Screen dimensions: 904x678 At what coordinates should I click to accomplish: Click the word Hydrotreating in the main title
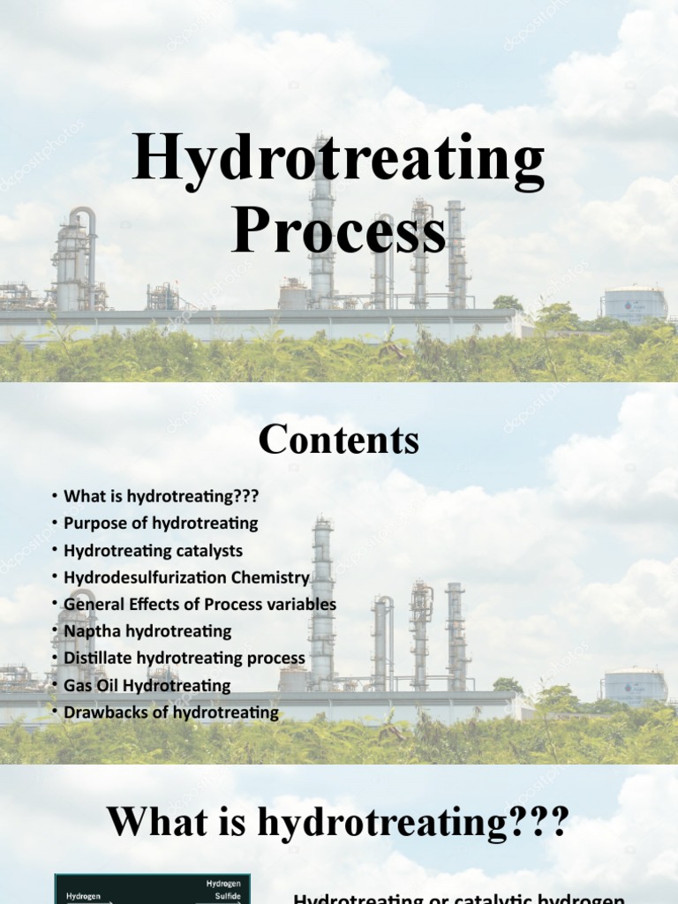(x=338, y=162)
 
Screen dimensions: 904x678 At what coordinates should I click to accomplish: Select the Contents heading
(x=338, y=440)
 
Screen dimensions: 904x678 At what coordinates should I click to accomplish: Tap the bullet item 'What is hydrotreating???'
(x=161, y=496)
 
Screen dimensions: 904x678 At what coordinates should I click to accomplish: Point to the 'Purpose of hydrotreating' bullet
(x=161, y=523)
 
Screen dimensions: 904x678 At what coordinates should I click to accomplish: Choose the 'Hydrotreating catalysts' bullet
(x=153, y=550)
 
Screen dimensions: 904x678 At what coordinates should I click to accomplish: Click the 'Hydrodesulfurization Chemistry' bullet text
(x=186, y=577)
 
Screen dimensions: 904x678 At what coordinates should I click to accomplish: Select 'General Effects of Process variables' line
(x=200, y=604)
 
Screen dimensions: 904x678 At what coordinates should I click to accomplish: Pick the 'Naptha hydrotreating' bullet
(x=147, y=631)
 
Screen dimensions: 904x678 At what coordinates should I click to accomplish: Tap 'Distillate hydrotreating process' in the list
(x=185, y=658)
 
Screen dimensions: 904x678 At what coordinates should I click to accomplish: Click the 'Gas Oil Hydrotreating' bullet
(x=147, y=685)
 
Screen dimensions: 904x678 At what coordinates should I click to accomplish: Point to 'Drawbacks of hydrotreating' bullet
(x=171, y=712)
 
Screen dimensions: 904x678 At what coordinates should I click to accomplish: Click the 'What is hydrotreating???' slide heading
(x=338, y=822)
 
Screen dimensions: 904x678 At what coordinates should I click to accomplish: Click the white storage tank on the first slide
(x=634, y=305)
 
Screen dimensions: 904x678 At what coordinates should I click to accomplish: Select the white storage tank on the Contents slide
(x=634, y=687)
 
